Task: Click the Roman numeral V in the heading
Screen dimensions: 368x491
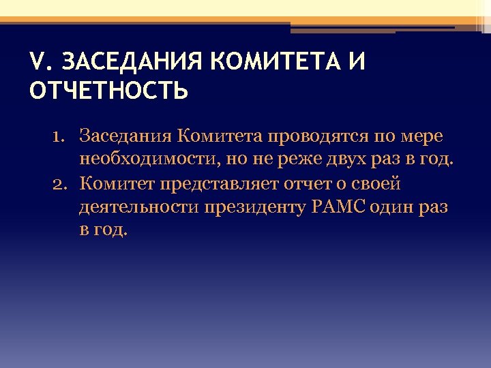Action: [38, 62]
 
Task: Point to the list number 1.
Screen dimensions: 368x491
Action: [58, 136]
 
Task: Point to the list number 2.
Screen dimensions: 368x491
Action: [58, 183]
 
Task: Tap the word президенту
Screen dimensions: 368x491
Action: [250, 207]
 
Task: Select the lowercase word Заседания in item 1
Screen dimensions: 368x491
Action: [125, 137]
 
